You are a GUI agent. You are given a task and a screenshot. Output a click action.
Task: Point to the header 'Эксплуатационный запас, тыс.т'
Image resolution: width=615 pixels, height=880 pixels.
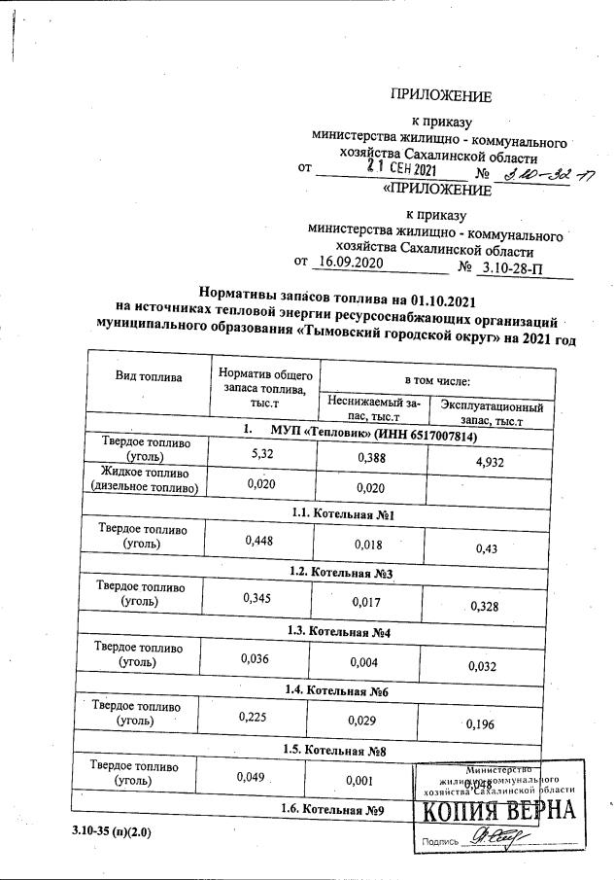click(x=491, y=412)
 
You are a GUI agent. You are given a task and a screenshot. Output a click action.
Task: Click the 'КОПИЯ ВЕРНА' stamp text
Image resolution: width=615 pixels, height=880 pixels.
click(x=497, y=812)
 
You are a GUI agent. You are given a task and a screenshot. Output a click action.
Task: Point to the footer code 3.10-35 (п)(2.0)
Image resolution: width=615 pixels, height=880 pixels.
click(x=111, y=833)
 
